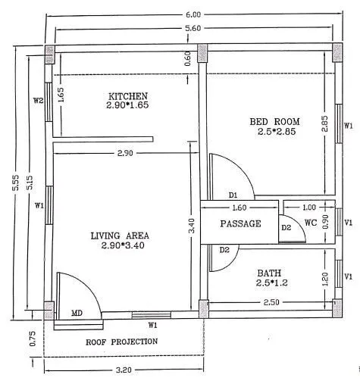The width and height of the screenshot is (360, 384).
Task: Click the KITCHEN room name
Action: point(127,96)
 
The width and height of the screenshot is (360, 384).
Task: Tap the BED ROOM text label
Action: point(275,121)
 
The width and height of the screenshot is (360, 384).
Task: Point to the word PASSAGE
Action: point(240,223)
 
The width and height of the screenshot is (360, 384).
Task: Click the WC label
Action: point(309,223)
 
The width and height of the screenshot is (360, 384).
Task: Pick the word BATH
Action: point(269,273)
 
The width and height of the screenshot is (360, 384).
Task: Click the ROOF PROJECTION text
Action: point(121,342)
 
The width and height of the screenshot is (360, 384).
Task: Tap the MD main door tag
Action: point(77,313)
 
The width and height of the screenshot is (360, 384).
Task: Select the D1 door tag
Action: point(233,195)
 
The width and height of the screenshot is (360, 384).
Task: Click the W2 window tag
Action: point(37,100)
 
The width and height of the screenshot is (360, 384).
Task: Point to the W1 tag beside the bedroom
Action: point(348,125)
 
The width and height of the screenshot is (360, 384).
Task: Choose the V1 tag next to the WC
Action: point(348,223)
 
